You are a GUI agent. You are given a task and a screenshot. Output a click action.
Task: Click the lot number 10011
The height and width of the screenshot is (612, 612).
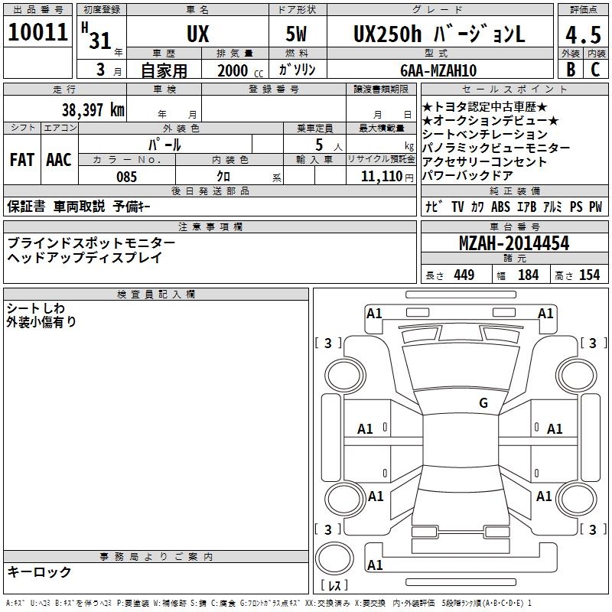(x=37, y=32)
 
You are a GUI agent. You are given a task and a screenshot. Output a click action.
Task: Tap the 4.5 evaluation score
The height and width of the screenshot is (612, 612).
(x=584, y=34)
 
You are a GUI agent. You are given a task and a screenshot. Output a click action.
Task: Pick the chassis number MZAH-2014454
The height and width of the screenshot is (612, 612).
(x=513, y=243)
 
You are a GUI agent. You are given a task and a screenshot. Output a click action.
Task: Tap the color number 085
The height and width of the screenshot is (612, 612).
(x=127, y=177)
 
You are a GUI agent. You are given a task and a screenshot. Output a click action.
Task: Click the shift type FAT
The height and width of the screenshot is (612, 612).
(x=22, y=160)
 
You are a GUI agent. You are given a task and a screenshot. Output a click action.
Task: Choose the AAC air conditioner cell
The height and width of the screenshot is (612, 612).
(x=58, y=160)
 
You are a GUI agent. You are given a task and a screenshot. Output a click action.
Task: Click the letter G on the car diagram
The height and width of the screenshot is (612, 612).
(x=483, y=403)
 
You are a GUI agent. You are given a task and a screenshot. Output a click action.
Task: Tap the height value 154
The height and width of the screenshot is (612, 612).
(x=589, y=275)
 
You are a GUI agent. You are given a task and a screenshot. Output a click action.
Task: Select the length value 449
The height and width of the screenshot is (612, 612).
(x=464, y=275)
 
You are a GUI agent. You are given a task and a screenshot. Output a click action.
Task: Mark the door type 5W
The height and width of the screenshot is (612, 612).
(x=298, y=35)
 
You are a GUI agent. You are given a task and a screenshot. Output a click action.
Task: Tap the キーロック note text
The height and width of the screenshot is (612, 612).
(x=40, y=571)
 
